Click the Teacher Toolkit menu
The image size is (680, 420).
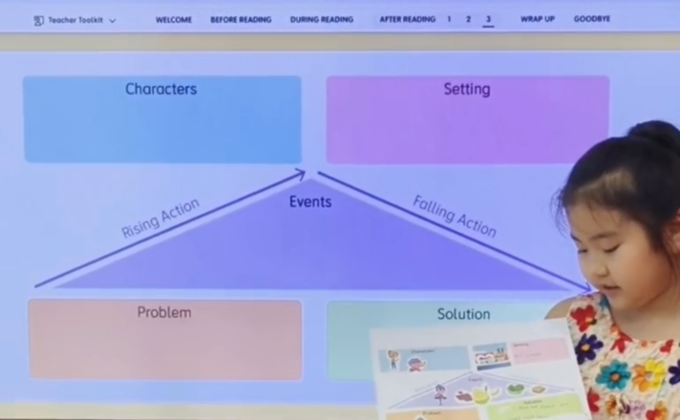76,20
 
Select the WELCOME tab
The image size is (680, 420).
174,19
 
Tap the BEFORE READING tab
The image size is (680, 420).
241,19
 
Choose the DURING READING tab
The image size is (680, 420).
321,19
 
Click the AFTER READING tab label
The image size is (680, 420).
407,19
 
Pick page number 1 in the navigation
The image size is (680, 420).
450,19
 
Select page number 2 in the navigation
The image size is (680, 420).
468,19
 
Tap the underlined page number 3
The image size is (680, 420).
488,19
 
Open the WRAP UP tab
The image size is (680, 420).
537,19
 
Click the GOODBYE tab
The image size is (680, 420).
592,19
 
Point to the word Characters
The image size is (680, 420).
160,89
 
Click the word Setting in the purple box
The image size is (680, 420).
466,89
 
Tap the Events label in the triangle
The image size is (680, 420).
310,201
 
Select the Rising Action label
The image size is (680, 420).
160,218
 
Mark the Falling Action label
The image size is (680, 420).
455,215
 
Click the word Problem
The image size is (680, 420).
163,312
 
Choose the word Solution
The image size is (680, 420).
463,314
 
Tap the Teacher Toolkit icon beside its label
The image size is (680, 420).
38,20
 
